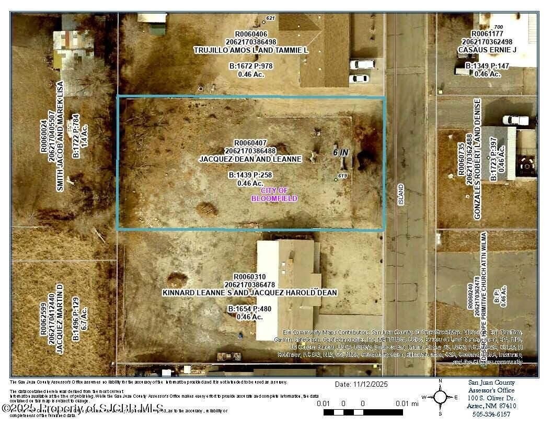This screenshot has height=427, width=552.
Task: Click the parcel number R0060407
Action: point(250,142)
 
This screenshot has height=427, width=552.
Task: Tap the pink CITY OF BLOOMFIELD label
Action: point(274,195)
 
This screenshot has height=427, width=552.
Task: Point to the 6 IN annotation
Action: point(341,152)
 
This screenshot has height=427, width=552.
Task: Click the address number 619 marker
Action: point(342,176)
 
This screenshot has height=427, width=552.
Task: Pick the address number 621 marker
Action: point(270,18)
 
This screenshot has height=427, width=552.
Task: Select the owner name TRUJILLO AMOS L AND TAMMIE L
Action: point(251,50)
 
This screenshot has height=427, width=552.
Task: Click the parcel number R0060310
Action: point(250,277)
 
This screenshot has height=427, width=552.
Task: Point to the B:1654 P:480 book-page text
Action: point(250,310)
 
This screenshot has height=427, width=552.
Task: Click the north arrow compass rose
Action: point(441,397)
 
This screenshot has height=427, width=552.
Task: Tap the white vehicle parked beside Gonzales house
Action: point(515,120)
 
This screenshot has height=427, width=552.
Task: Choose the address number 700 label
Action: point(498,27)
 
